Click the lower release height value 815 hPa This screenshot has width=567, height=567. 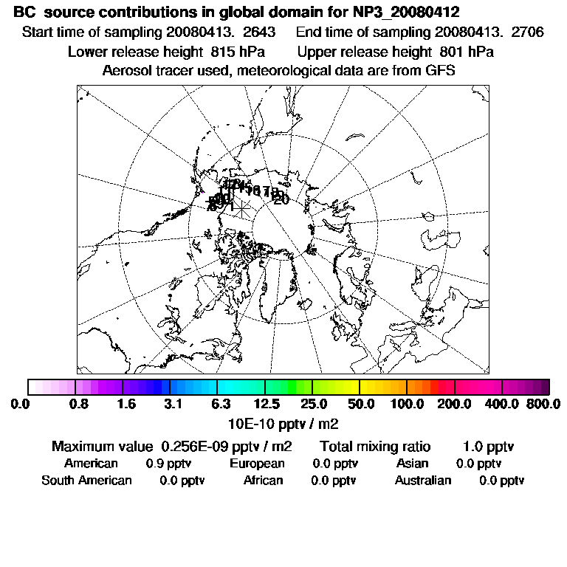click(x=234, y=52)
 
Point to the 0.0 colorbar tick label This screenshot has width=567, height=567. click(x=20, y=404)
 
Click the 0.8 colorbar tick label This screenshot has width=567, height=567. click(x=79, y=404)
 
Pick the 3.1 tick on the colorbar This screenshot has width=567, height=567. click(x=174, y=404)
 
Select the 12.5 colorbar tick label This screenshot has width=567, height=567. click(x=267, y=404)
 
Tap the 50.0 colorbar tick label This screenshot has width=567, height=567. click(x=361, y=404)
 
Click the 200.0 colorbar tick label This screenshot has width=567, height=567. click(x=454, y=404)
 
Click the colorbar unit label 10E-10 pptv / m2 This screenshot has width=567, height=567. click(x=283, y=422)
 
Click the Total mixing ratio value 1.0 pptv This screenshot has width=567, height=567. click(x=488, y=447)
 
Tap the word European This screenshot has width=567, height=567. click(x=257, y=464)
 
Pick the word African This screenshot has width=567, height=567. click(x=264, y=481)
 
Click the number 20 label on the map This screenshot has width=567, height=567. click(x=281, y=199)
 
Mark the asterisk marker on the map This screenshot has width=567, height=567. click(x=241, y=205)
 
